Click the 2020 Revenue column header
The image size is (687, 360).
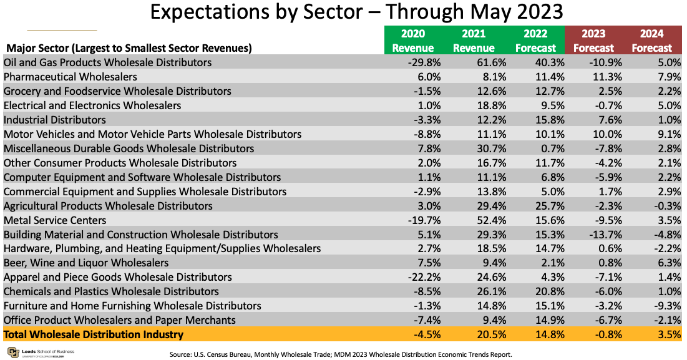(412, 41)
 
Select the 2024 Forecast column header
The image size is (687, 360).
(652, 41)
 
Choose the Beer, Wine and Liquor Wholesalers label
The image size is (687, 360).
(86, 263)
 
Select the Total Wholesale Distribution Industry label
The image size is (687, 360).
(94, 335)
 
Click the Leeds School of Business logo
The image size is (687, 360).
(38, 353)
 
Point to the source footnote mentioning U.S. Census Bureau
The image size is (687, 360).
(340, 354)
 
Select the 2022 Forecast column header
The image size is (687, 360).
(535, 41)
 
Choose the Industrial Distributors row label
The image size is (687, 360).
(55, 120)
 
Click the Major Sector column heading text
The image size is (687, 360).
(129, 47)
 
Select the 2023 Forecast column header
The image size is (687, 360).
(593, 41)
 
